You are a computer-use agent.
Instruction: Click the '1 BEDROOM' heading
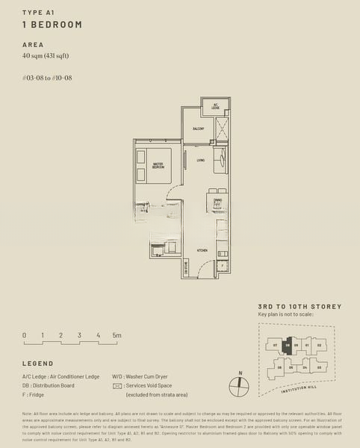(x=52, y=25)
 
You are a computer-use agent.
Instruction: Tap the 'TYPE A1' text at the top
(x=40, y=12)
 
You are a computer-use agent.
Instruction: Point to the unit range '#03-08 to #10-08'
(x=47, y=78)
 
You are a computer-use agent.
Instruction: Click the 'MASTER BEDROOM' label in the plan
(x=158, y=166)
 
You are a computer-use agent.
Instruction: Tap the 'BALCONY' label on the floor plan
(x=198, y=129)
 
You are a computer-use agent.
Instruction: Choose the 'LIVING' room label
(x=201, y=161)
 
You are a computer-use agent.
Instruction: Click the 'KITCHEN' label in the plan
(x=202, y=250)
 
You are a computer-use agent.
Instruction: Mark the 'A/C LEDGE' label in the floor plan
(x=215, y=106)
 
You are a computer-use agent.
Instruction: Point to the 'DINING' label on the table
(x=217, y=200)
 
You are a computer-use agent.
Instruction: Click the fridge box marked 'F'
(x=223, y=265)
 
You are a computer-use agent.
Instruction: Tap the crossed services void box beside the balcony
(x=222, y=128)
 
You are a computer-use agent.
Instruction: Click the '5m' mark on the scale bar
(x=117, y=335)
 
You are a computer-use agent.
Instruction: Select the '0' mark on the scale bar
(x=24, y=335)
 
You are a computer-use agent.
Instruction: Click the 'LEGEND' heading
(x=37, y=364)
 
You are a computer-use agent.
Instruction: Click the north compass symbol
(x=238, y=387)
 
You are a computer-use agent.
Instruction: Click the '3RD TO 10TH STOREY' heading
(x=299, y=307)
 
